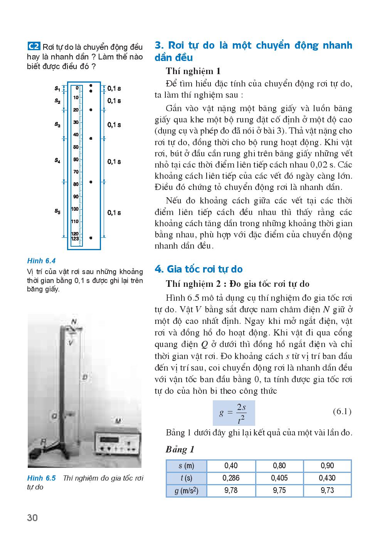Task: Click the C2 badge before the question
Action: [34, 47]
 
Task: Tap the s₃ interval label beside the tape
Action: [57, 125]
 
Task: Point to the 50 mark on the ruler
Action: [76, 147]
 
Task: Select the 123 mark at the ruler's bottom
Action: [75, 239]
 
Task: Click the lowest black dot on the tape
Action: [91, 238]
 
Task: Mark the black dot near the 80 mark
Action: [91, 182]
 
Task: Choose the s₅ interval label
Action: [57, 211]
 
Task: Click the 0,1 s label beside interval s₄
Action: [114, 162]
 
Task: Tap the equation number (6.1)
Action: [342, 412]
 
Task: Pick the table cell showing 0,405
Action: [279, 478]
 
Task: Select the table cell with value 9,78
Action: [231, 491]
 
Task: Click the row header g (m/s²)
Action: [187, 491]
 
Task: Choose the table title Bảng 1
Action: [180, 450]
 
